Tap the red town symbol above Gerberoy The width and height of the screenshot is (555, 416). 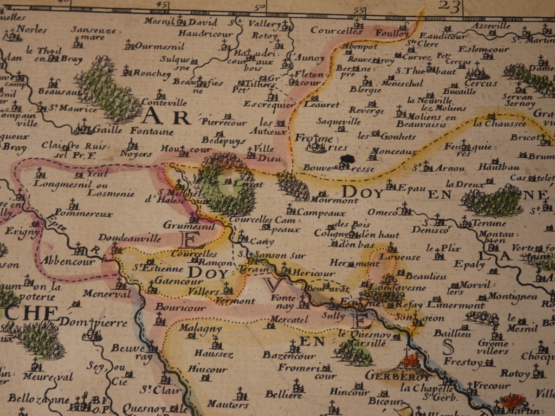point(411,360)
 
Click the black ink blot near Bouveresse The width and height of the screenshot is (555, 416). point(345,159)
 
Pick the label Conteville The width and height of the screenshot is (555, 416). point(164,102)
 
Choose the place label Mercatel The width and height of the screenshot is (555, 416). point(288,320)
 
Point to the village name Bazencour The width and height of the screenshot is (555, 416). point(288,356)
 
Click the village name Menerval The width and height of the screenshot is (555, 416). point(107,294)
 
